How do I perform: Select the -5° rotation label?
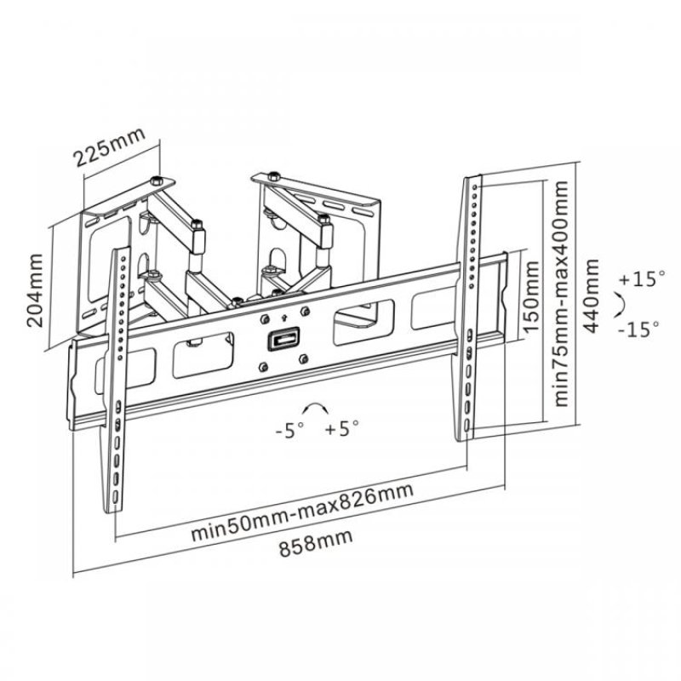(290, 430)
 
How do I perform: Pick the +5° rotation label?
(342, 430)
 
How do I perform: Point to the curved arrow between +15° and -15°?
(622, 304)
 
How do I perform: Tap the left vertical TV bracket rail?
(117, 383)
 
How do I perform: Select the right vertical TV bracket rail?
(472, 306)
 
